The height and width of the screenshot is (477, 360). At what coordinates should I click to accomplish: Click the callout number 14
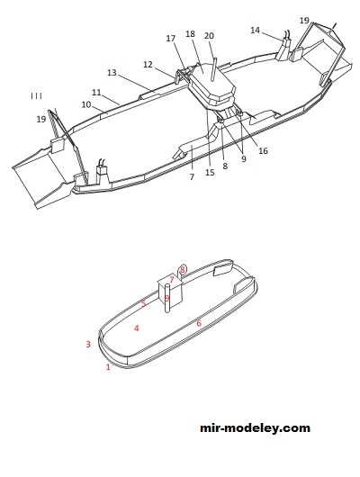click(255, 30)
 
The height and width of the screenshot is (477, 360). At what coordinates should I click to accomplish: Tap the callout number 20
click(209, 36)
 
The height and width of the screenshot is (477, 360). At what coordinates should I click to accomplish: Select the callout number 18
click(190, 34)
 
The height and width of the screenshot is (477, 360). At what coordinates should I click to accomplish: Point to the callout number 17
click(171, 39)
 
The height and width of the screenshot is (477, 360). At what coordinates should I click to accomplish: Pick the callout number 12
click(148, 65)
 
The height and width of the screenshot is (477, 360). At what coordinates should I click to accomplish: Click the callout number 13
click(112, 73)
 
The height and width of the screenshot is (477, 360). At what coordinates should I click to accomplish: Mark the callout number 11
click(96, 92)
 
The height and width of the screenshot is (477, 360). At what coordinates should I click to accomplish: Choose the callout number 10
click(86, 104)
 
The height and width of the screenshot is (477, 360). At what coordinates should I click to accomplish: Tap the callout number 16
click(263, 150)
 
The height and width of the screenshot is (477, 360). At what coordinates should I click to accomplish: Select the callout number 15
click(210, 173)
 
